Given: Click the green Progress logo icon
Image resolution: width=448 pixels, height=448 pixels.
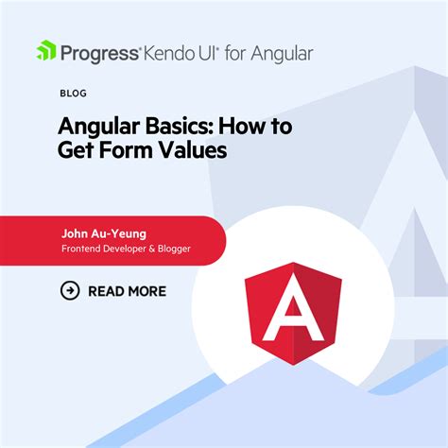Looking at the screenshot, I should tap(47, 50).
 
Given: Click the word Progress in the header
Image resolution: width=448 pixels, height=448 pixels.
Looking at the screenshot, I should tap(99, 51).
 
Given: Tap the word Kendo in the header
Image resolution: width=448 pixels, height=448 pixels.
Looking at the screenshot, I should tap(169, 51).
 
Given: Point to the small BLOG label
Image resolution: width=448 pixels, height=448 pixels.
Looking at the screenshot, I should tap(72, 95).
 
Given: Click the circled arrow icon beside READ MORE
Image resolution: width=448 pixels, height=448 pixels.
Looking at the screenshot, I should tap(69, 290).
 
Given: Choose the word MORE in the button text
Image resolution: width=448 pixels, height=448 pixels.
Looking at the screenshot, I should tap(146, 291).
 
